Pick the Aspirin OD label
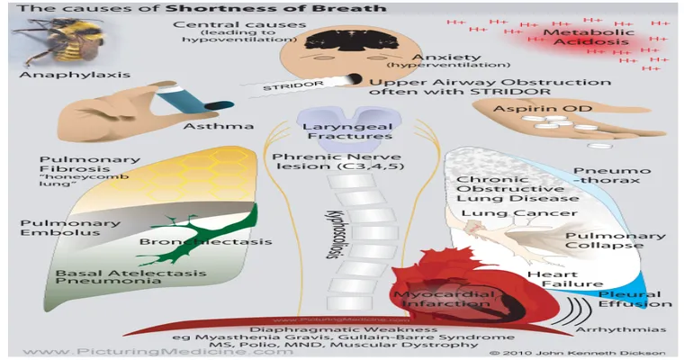(539, 107)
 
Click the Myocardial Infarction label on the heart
(434, 298)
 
